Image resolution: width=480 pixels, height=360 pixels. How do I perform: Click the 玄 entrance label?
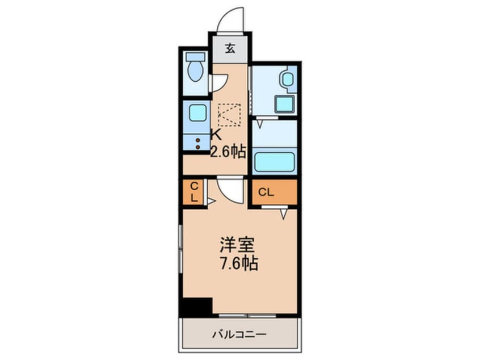tap(230, 49)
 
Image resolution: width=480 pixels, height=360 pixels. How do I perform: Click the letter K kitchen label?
tap(216, 135)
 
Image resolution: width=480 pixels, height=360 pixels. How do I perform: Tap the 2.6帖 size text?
tap(228, 152)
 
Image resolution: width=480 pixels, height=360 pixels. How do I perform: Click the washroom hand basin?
tap(288, 79)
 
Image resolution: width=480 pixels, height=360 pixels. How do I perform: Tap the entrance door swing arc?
tap(231, 19)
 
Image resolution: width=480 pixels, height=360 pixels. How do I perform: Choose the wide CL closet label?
tap(266, 192)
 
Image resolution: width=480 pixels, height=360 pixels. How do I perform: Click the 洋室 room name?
tap(238, 245)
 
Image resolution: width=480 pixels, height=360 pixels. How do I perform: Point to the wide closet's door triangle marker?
tap(284, 213)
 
